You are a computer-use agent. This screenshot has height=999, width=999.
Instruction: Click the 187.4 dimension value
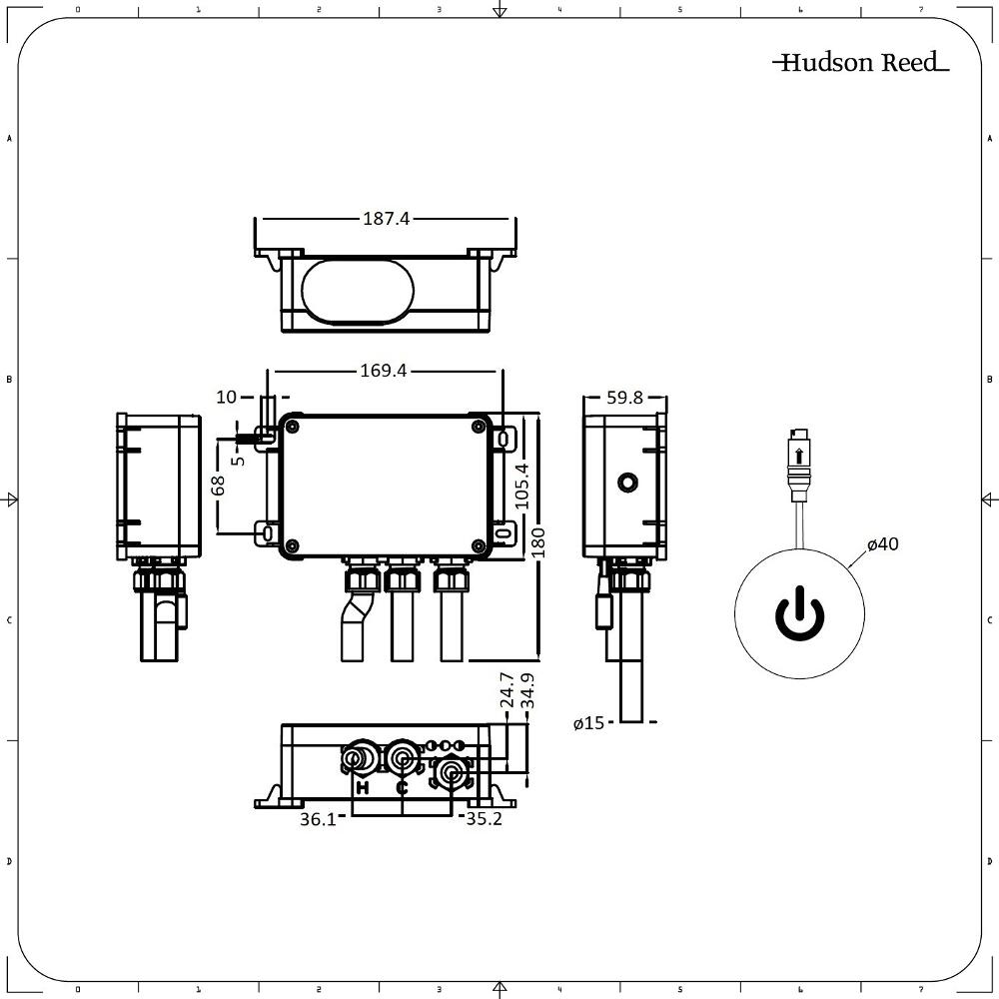coord(387,219)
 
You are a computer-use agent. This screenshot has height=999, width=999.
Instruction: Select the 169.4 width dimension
coord(384,371)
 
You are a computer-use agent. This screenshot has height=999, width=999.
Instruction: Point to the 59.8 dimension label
coord(624,398)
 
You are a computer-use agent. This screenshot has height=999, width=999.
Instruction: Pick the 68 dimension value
coord(219,485)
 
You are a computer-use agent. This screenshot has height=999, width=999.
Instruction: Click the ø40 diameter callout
coord(883,544)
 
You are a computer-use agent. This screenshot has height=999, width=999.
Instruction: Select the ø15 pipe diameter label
coord(589,723)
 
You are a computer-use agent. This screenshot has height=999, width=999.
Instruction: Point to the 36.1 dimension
coord(318,819)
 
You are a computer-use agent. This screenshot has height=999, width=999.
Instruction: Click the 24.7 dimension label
coord(506,691)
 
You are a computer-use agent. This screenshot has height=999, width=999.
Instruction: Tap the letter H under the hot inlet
coord(363,788)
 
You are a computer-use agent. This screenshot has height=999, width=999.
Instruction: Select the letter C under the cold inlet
coord(402,788)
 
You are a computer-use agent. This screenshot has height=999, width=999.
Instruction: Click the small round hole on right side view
coord(626,484)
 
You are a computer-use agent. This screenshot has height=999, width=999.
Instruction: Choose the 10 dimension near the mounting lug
coord(227,398)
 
